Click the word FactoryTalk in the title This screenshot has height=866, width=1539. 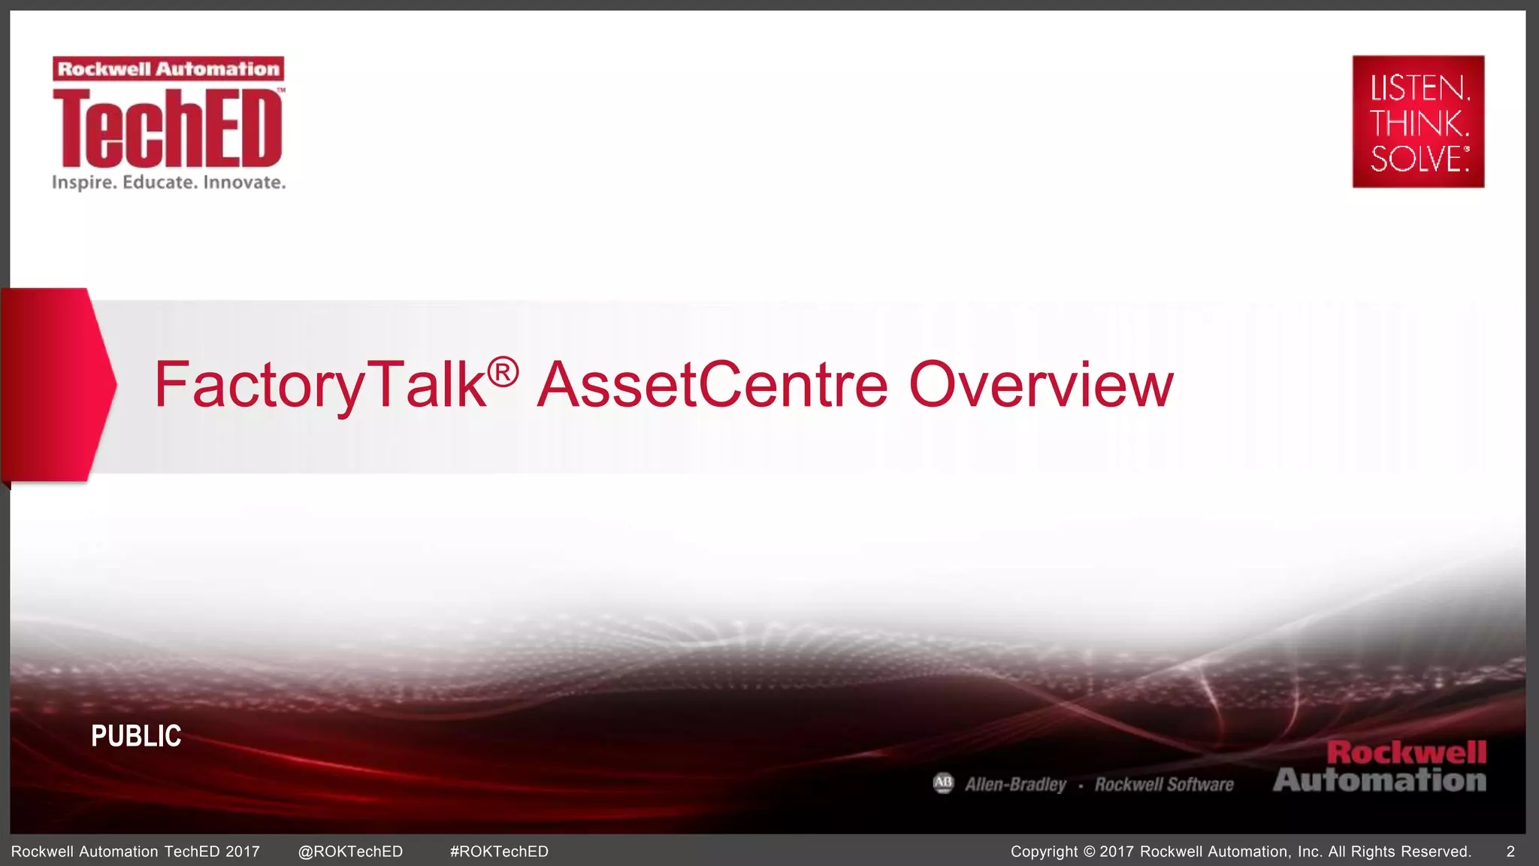[319, 385]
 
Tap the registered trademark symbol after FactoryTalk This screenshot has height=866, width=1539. [503, 372]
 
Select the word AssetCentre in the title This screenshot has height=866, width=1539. [712, 385]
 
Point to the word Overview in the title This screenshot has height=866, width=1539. [1041, 385]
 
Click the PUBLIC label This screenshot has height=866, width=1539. [136, 736]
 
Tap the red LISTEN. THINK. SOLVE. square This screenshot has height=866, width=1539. [1418, 121]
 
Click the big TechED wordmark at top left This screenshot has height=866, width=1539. [168, 128]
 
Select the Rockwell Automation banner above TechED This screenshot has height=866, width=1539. [168, 69]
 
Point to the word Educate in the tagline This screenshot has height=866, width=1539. [159, 183]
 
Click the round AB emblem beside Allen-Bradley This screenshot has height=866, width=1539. [943, 783]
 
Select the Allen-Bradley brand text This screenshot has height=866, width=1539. [1015, 785]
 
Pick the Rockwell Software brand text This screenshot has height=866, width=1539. [1164, 785]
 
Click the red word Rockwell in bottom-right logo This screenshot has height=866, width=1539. [1406, 752]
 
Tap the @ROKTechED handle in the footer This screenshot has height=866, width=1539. [350, 852]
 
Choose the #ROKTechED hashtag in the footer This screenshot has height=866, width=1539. [499, 852]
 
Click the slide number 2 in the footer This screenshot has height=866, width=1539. [1510, 852]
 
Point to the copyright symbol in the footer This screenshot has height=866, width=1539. [1090, 852]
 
